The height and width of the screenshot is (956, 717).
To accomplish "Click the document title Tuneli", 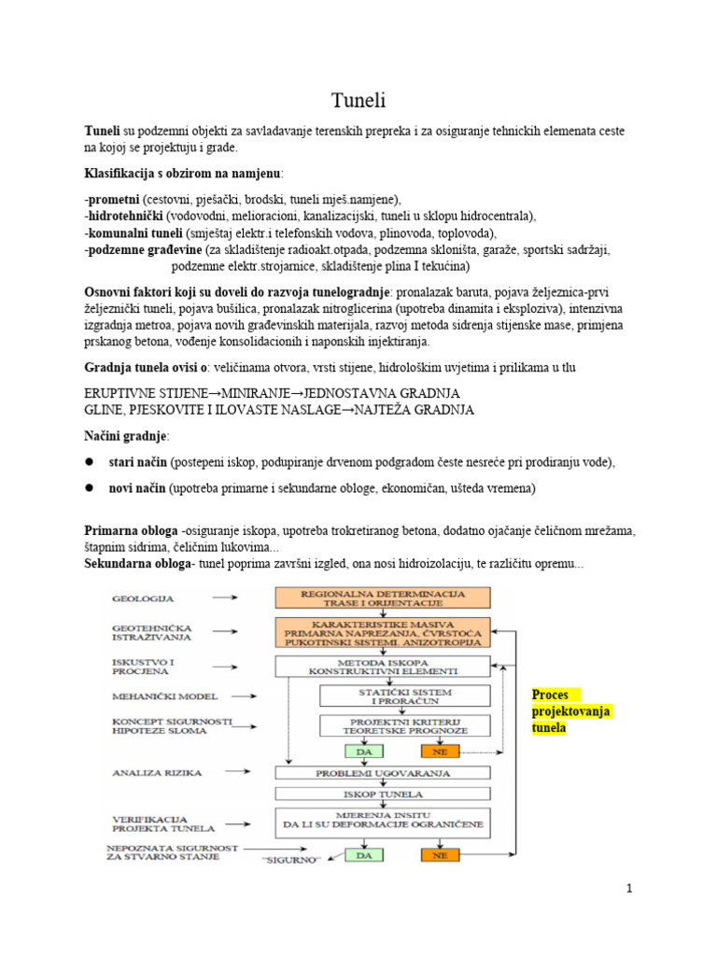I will (x=358, y=100).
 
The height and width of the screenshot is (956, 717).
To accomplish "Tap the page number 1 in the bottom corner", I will (x=630, y=888).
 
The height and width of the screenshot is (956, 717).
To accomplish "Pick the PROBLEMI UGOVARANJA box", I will (x=383, y=774).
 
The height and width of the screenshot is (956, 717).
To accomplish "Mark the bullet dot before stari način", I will (x=91, y=462).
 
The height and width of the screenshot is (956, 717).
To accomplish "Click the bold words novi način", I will (x=137, y=488).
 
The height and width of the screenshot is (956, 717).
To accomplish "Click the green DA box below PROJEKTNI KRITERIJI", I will (x=363, y=750).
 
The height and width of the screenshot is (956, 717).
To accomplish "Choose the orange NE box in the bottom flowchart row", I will (x=440, y=853).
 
